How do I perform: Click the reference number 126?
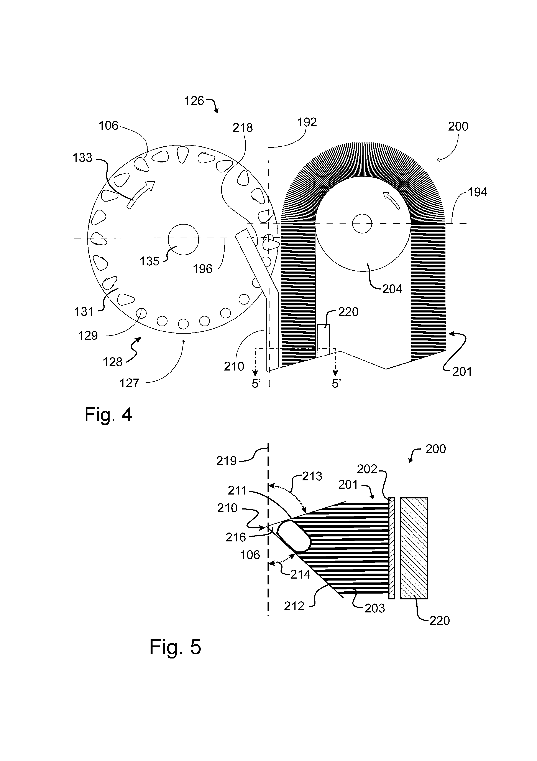(194, 101)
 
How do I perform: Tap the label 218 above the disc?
(242, 128)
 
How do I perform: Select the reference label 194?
(477, 192)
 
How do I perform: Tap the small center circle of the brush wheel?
(362, 224)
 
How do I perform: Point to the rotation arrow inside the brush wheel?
(391, 200)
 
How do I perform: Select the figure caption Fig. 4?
(108, 414)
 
